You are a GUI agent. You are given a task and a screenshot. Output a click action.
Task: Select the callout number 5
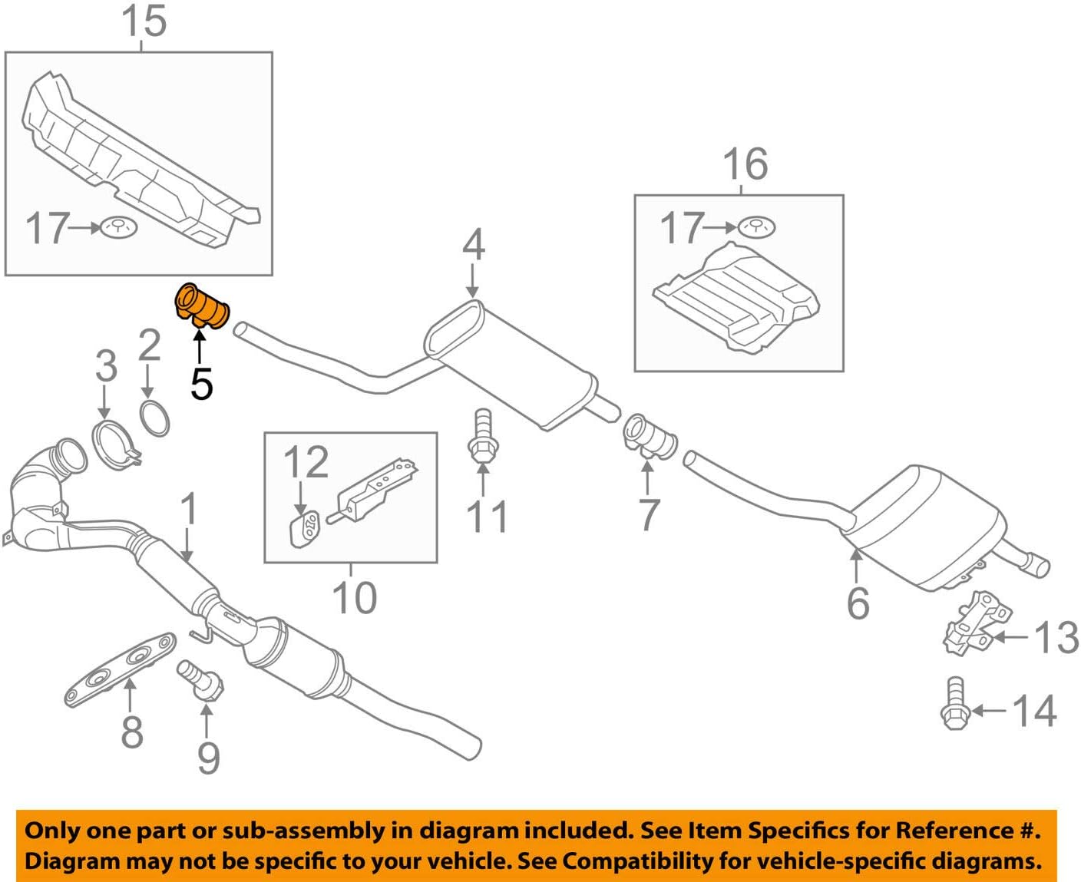(201, 383)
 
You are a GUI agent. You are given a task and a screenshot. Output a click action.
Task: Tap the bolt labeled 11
(481, 437)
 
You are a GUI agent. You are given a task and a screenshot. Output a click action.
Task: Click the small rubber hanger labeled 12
(305, 530)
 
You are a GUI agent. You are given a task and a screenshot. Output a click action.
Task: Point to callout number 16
(745, 164)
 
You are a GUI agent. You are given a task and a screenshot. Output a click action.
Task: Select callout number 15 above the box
(144, 21)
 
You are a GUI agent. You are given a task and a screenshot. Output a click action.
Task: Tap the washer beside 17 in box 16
(756, 227)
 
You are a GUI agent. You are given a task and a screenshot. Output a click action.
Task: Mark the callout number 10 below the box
(354, 597)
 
